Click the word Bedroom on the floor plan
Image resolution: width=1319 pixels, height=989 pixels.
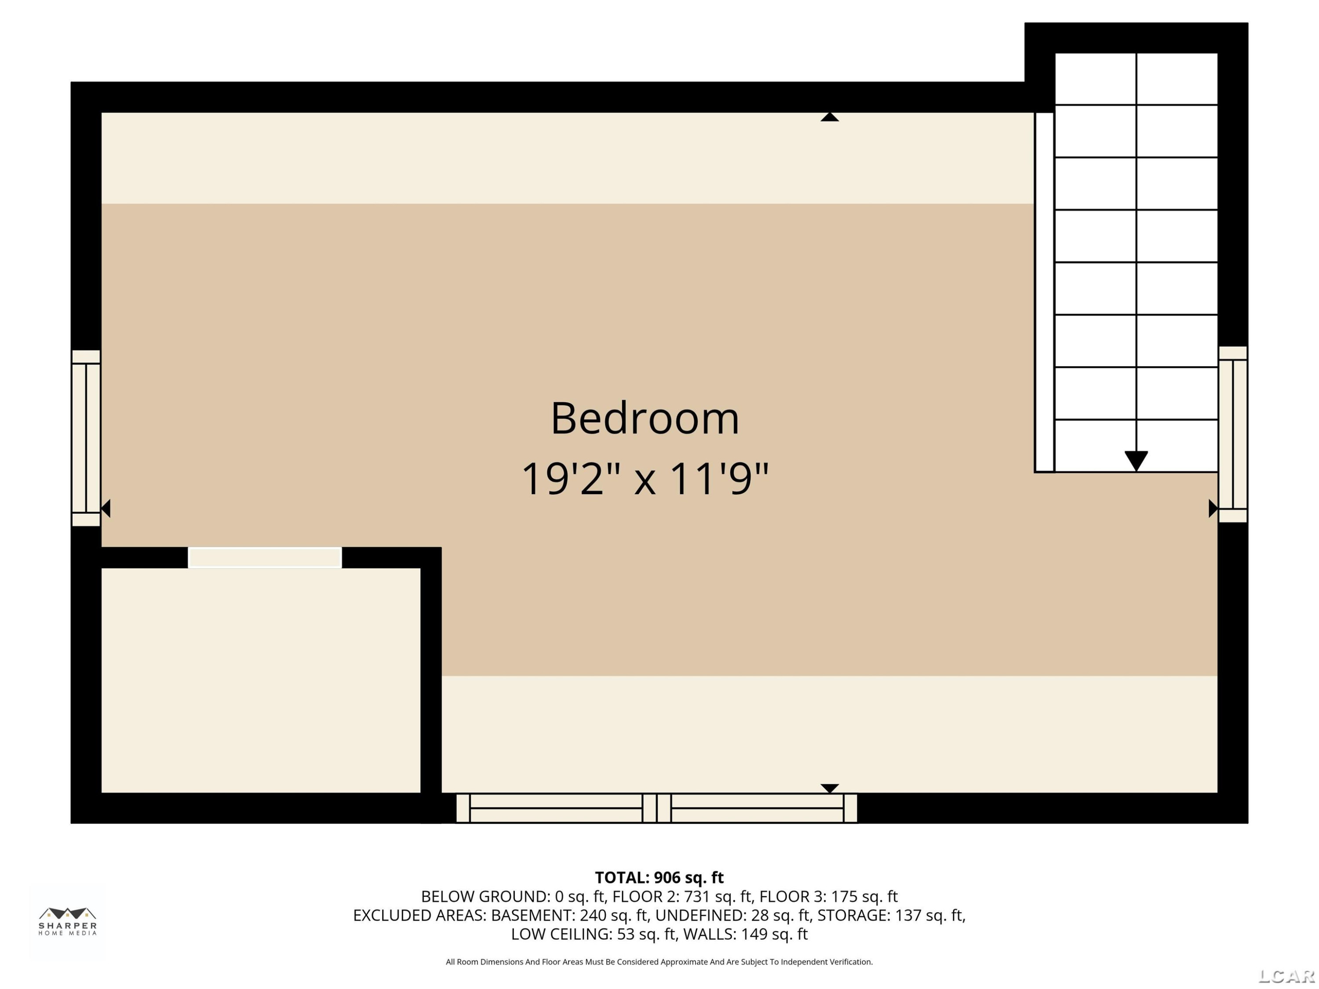(x=645, y=418)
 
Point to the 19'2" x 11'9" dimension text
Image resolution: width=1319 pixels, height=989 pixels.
(x=645, y=479)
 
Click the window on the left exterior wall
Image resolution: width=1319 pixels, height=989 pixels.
(x=86, y=438)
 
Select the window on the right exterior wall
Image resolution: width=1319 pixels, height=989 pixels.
(x=1232, y=435)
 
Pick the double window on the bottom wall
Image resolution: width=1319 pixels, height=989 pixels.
(x=656, y=808)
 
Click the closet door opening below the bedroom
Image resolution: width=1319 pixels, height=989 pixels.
(x=265, y=558)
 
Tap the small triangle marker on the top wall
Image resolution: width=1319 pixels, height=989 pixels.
(x=830, y=117)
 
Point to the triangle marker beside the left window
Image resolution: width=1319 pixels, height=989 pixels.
(x=106, y=509)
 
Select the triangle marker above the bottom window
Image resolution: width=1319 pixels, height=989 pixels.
(x=830, y=788)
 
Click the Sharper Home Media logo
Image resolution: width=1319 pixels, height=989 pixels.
(x=67, y=921)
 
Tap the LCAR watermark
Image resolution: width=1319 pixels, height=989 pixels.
(x=1286, y=976)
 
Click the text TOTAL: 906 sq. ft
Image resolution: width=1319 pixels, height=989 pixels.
(x=659, y=877)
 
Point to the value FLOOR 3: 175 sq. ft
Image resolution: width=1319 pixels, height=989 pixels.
(x=828, y=897)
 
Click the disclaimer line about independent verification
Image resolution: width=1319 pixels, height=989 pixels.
(x=659, y=962)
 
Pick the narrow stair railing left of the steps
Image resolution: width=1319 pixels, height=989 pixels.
(x=1044, y=292)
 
